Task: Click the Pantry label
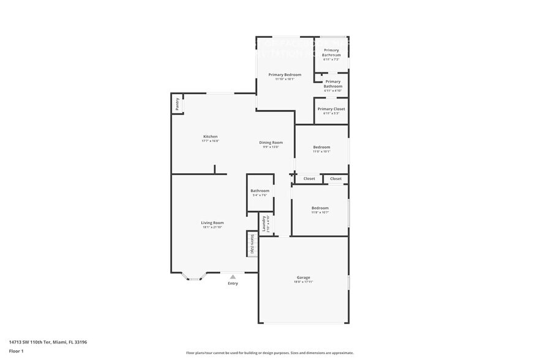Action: click(x=177, y=105)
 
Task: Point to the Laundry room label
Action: click(x=264, y=224)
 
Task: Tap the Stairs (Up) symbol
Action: click(x=251, y=244)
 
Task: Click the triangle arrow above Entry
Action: click(x=233, y=277)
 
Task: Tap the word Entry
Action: click(x=233, y=283)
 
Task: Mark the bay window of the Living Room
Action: click(x=194, y=278)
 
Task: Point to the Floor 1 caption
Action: click(x=16, y=351)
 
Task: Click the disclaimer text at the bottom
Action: click(x=269, y=353)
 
